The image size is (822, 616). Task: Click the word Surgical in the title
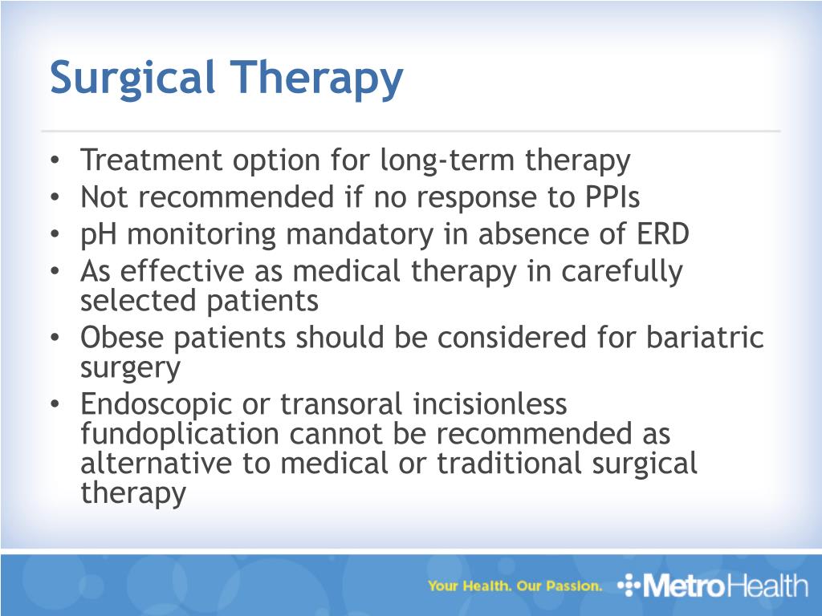coord(132,79)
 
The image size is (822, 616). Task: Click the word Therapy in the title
coord(316,79)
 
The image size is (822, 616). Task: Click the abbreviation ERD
coord(662,233)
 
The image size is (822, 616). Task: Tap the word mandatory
coord(360,235)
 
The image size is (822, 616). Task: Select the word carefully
coord(622,272)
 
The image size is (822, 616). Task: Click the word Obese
coord(122,337)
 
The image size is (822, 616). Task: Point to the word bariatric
coord(705,337)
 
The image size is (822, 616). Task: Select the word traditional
coord(509,464)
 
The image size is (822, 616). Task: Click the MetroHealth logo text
coord(725,585)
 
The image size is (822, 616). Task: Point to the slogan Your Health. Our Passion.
coord(515,586)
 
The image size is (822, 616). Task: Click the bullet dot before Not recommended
coord(55,197)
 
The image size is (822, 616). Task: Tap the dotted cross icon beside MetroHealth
coord(629,585)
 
